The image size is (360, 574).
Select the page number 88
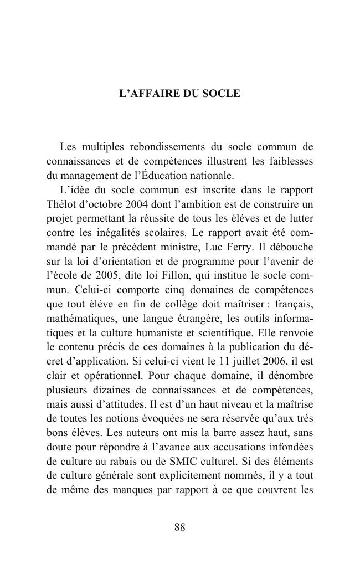coord(180,527)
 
